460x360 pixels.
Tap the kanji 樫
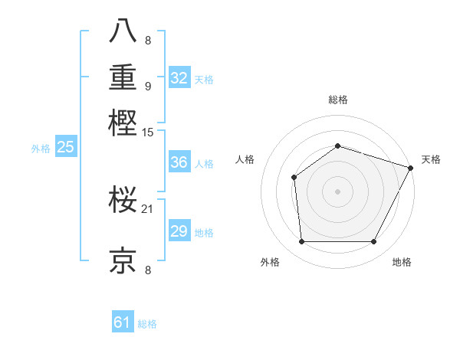pos(123,123)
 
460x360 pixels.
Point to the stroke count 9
pos(148,86)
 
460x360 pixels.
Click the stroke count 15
pos(148,133)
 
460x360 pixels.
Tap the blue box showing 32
pos(179,78)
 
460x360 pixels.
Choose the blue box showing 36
pos(179,162)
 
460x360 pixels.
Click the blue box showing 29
pos(179,231)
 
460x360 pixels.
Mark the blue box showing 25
pos(65,147)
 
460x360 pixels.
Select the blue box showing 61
pos(123,323)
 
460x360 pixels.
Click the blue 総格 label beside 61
pos(147,324)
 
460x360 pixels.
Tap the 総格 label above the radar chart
pos(338,100)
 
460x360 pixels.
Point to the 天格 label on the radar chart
pos(431,159)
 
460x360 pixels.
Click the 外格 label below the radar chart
pos(270,263)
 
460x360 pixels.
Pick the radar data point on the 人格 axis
pos(294,178)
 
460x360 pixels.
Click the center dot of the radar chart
pos(337,191)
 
